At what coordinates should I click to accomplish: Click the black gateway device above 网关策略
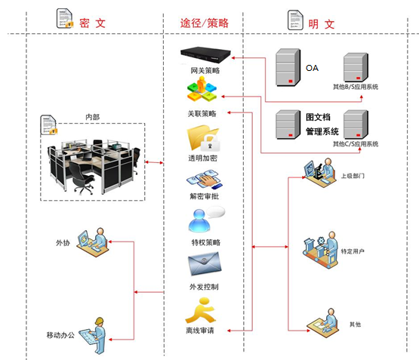(x=205, y=55)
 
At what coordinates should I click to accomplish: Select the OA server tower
(x=288, y=67)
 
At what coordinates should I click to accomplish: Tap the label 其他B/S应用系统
(x=356, y=87)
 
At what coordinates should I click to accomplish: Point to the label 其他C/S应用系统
(x=356, y=144)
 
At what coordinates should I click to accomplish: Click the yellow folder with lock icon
(x=204, y=138)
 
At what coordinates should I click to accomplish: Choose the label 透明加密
(x=202, y=158)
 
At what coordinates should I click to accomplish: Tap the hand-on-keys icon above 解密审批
(x=205, y=180)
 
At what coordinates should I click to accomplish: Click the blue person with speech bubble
(x=207, y=220)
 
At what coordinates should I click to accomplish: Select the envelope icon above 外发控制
(x=205, y=264)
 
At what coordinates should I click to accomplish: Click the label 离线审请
(x=200, y=331)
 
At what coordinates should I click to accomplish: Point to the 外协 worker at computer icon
(x=93, y=242)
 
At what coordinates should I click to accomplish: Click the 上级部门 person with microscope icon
(x=320, y=173)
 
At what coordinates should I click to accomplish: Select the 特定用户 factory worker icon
(x=320, y=250)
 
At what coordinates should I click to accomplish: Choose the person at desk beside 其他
(x=323, y=323)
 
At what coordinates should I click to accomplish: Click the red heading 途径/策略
(x=205, y=23)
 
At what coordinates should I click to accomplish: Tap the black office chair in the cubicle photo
(x=82, y=177)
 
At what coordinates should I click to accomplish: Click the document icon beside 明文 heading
(x=295, y=20)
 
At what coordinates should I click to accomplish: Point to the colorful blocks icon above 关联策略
(x=202, y=89)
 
